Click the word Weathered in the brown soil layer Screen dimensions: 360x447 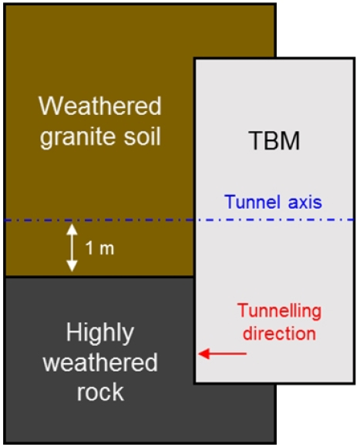[100, 106]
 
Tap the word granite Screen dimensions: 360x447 [77, 137]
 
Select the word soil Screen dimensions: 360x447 [143, 136]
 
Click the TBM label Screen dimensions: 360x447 [274, 140]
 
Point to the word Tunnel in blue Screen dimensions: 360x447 [252, 202]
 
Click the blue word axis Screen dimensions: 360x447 [305, 202]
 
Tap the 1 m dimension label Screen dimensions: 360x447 [99, 248]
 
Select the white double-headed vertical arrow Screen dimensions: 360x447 [72, 247]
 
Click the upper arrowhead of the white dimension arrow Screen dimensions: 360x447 [72, 229]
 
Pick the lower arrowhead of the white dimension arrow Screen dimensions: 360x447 [72, 266]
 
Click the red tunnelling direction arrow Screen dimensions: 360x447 [222, 354]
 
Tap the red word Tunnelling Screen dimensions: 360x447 [279, 311]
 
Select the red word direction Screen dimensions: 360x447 [279, 333]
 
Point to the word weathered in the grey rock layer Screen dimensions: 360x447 [100, 362]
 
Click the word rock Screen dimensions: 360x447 [100, 392]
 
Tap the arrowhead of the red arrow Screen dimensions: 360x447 [204, 354]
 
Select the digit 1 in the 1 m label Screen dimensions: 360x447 [89, 248]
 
